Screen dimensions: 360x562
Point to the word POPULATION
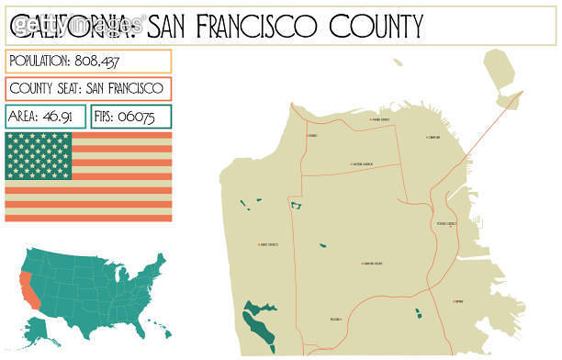click(x=42, y=61)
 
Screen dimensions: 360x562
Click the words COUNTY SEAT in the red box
click(x=43, y=89)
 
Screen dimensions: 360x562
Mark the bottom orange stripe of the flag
click(x=88, y=217)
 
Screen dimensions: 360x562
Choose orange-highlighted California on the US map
click(x=28, y=287)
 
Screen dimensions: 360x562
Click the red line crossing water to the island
click(x=478, y=129)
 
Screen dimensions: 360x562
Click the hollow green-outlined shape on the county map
click(x=296, y=206)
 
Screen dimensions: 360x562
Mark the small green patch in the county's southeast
click(x=418, y=314)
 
